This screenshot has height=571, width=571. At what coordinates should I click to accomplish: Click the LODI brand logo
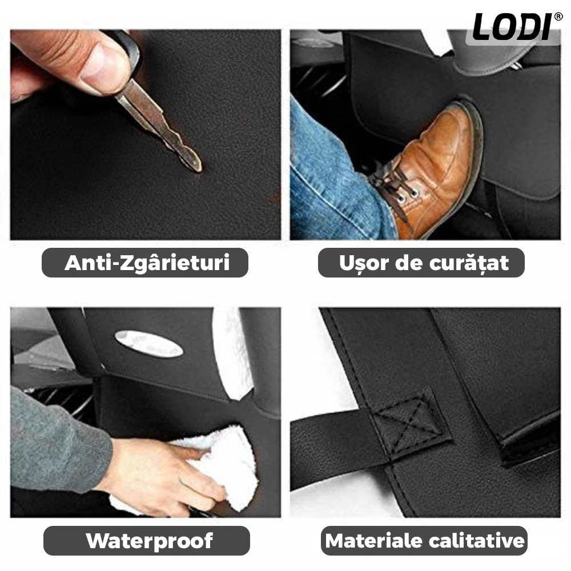click(x=513, y=27)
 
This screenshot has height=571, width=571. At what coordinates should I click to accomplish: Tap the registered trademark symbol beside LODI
click(x=558, y=17)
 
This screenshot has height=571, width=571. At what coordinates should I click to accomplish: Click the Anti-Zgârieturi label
click(x=147, y=263)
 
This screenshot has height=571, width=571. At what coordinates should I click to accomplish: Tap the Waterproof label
click(x=149, y=541)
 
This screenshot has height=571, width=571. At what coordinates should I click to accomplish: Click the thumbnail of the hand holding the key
click(x=145, y=134)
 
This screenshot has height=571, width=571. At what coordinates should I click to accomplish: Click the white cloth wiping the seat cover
click(x=211, y=470)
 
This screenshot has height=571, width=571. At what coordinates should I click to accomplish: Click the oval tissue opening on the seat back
click(x=148, y=344)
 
